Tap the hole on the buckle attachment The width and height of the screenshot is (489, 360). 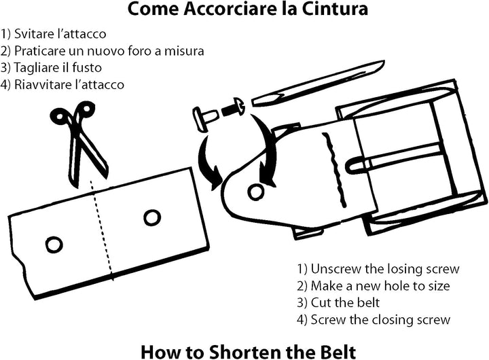point(256,192)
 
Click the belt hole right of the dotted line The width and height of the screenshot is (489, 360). point(152,217)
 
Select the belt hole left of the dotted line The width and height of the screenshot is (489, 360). point(54,244)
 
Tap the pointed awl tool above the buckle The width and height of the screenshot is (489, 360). point(318,83)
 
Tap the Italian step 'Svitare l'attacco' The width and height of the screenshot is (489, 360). point(54,34)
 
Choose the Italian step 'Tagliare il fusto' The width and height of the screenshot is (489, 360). point(51,68)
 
